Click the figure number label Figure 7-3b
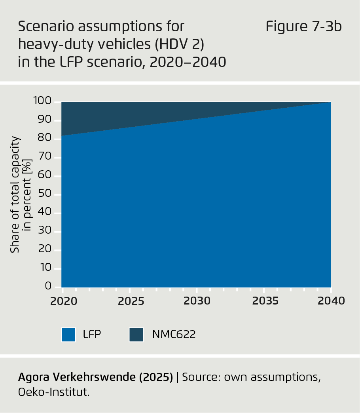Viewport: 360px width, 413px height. pyautogui.click(x=303, y=27)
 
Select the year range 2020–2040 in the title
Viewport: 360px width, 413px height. pyautogui.click(x=188, y=62)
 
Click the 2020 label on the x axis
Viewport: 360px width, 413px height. pyautogui.click(x=63, y=301)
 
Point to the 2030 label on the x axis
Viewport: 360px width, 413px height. pyautogui.click(x=197, y=301)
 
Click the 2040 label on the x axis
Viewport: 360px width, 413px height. pyautogui.click(x=331, y=301)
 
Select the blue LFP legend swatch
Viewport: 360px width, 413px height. pyautogui.click(x=68, y=335)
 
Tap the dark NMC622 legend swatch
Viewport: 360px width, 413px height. pyautogui.click(x=136, y=335)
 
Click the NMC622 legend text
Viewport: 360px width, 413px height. pyautogui.click(x=174, y=335)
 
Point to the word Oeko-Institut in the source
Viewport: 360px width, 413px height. pyautogui.click(x=53, y=393)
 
